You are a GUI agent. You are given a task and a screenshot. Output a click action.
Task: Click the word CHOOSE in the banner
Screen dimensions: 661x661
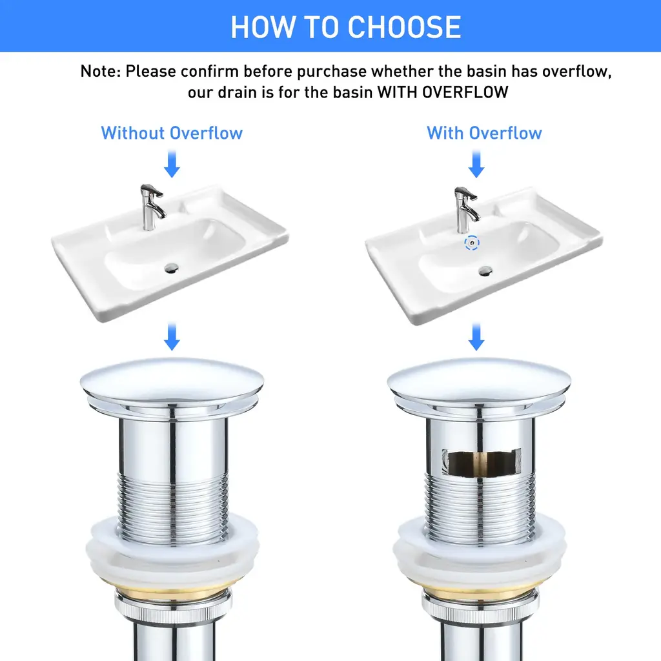(404, 27)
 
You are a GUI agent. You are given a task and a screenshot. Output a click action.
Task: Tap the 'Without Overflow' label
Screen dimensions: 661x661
(172, 133)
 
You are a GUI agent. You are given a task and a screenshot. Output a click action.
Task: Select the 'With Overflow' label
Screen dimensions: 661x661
(484, 133)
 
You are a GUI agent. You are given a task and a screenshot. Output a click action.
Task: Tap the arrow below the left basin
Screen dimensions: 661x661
(172, 336)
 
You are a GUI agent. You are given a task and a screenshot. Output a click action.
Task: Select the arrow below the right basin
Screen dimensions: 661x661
(476, 336)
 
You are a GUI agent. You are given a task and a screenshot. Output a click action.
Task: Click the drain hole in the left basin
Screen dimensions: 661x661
(172, 268)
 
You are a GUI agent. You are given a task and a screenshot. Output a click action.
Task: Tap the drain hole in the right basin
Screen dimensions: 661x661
(485, 270)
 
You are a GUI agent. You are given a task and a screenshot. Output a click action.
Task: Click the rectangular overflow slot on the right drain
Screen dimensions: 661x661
(482, 462)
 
